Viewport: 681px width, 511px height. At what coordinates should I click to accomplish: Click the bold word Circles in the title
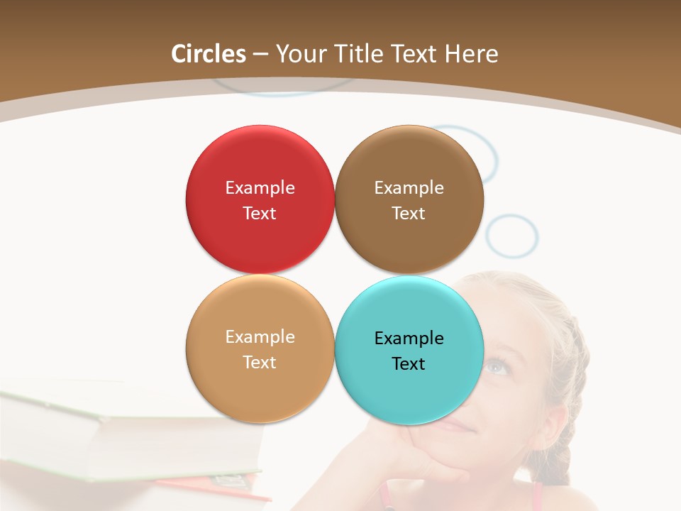coord(209,54)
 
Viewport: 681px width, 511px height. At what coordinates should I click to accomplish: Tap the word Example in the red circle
coord(260,187)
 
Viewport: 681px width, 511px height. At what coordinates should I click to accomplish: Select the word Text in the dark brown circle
coord(409,213)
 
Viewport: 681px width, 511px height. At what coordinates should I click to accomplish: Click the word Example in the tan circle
coord(260,336)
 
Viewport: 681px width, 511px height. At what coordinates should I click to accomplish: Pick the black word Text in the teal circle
coord(409,363)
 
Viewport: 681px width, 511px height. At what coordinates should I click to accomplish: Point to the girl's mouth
coord(458,426)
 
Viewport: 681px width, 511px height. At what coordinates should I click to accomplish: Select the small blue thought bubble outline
coord(512,236)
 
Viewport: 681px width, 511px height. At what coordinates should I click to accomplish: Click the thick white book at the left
coord(106,433)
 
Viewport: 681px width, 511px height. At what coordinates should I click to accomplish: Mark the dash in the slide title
coord(260,55)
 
